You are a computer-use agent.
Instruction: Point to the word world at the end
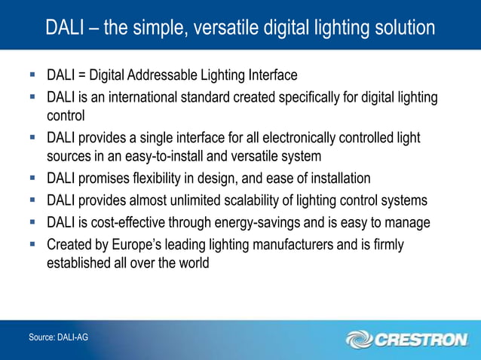pyautogui.click(x=192, y=264)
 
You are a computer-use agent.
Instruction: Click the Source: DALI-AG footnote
pyautogui.click(x=58, y=337)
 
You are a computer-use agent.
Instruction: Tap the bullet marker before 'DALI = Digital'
pyautogui.click(x=32, y=75)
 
